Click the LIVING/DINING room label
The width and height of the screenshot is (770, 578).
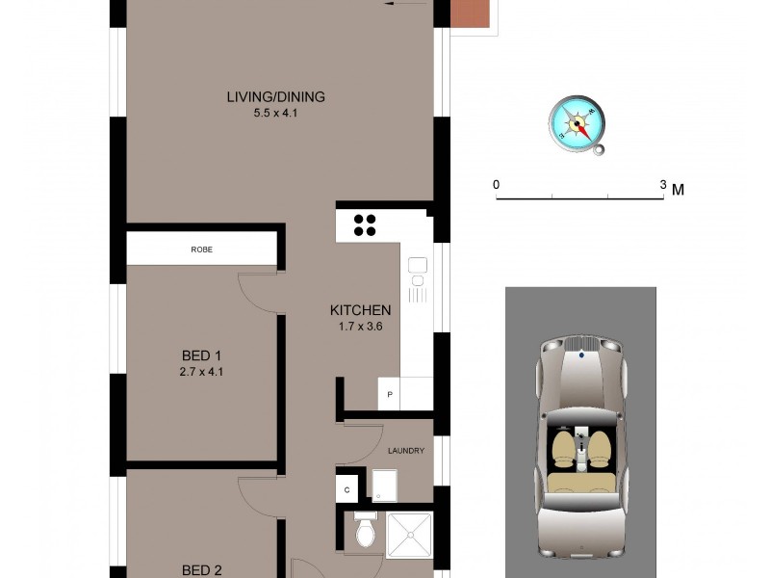coord(275,96)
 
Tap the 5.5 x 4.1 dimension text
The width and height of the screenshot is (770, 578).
coord(275,112)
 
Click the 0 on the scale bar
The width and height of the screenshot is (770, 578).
coord(497,184)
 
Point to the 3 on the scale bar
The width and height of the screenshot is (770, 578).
coord(663,184)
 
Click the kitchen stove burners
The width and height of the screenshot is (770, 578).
coord(365,224)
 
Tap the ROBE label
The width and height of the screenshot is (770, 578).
coord(202,250)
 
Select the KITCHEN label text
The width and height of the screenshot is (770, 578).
coord(360,310)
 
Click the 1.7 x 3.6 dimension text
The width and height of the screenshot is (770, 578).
coord(360,326)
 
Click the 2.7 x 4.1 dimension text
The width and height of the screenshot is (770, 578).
coord(202,372)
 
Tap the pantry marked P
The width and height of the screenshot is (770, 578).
coord(391,394)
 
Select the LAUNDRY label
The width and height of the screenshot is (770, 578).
coord(405,450)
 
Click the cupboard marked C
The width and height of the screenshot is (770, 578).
coord(346,489)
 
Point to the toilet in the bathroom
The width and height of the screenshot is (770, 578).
coord(364,531)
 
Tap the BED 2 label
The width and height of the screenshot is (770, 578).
coord(202,570)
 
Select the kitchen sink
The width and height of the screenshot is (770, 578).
coord(418,266)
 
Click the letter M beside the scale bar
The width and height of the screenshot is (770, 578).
coord(678,189)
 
